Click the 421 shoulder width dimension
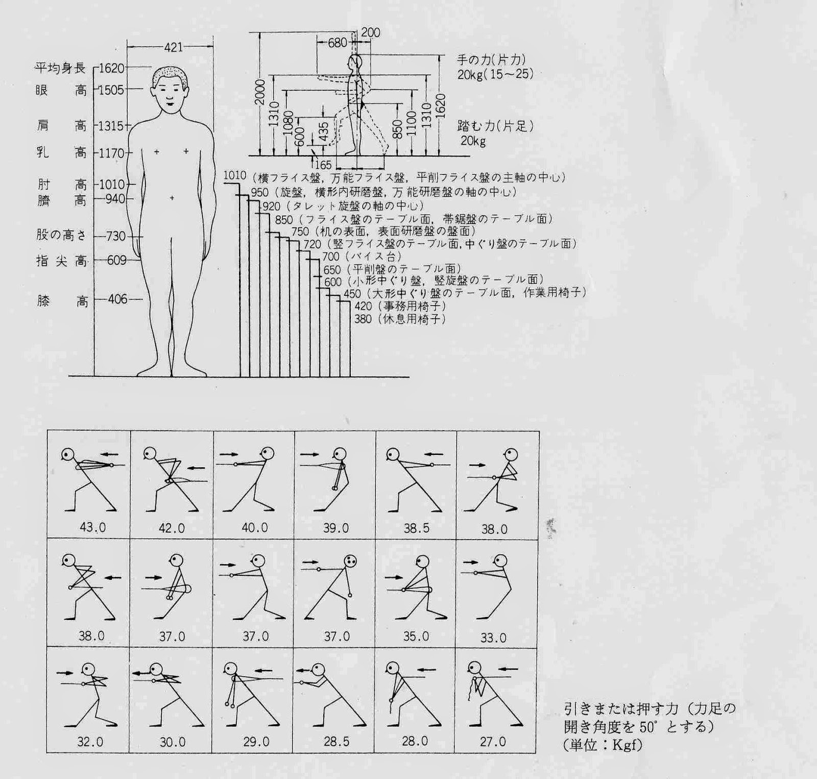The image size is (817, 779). (174, 48)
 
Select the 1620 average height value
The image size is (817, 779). (112, 68)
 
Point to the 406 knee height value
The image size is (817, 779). (117, 299)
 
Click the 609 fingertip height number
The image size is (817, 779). (117, 260)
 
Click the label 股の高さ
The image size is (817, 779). (61, 235)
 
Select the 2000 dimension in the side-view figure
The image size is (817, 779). (260, 92)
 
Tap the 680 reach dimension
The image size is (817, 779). (337, 43)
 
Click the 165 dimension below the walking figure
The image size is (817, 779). (323, 165)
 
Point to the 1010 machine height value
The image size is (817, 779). (235, 176)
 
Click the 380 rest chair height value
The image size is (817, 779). (363, 319)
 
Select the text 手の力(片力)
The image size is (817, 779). (491, 60)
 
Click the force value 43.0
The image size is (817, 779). (93, 528)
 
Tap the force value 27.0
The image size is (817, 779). (493, 741)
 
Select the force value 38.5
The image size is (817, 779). (417, 528)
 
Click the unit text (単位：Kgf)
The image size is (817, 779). (604, 744)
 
